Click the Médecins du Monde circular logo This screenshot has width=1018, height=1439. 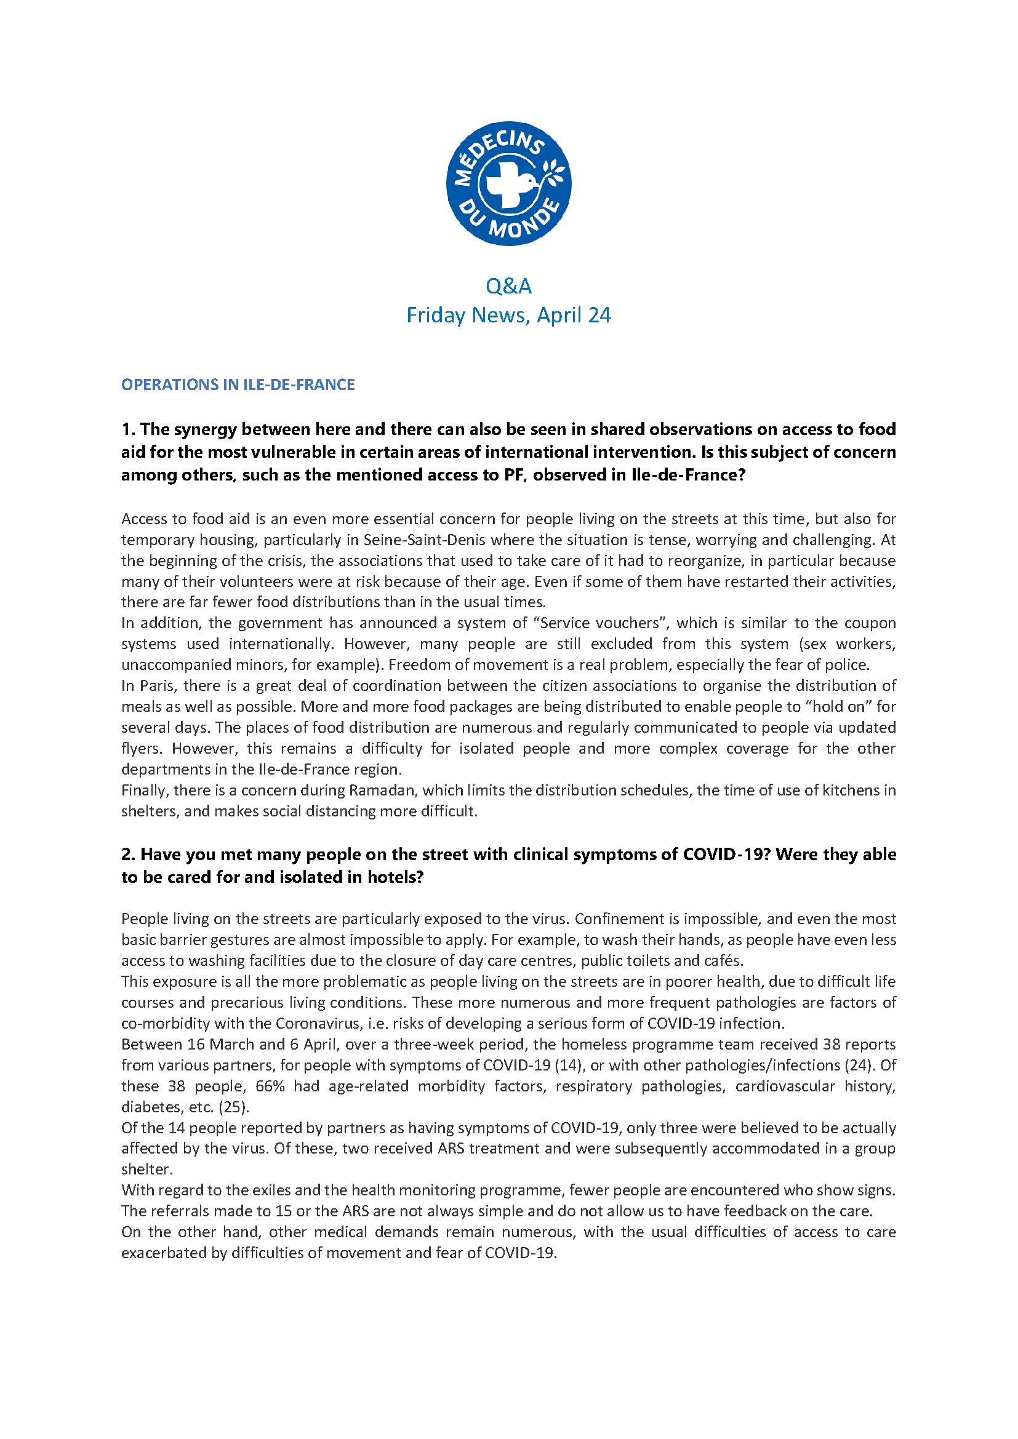(x=508, y=183)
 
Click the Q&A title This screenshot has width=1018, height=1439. (x=508, y=286)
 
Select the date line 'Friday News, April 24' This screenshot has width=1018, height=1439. (x=508, y=314)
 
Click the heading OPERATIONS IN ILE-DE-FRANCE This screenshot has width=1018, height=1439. (x=238, y=384)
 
